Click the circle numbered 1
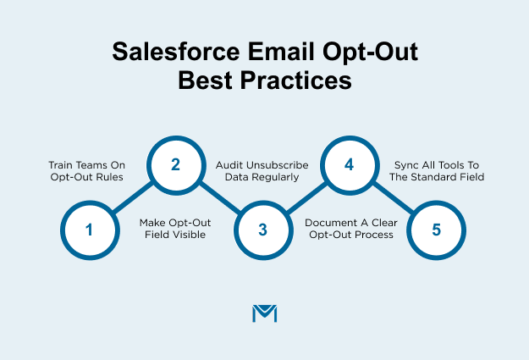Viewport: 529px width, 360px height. click(89, 230)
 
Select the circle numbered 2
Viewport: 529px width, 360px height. click(175, 165)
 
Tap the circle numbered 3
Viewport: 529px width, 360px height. click(262, 230)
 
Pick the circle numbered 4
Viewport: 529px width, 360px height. click(349, 165)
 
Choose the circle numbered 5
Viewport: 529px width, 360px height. click(436, 230)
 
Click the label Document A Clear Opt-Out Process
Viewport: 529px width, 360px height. click(349, 228)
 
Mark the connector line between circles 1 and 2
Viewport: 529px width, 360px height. click(132, 197)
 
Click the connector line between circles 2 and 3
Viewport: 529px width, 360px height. click(218, 197)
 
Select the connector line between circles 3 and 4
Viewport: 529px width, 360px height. click(306, 197)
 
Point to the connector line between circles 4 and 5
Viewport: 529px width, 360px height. click(392, 197)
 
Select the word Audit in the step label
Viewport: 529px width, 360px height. click(229, 164)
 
